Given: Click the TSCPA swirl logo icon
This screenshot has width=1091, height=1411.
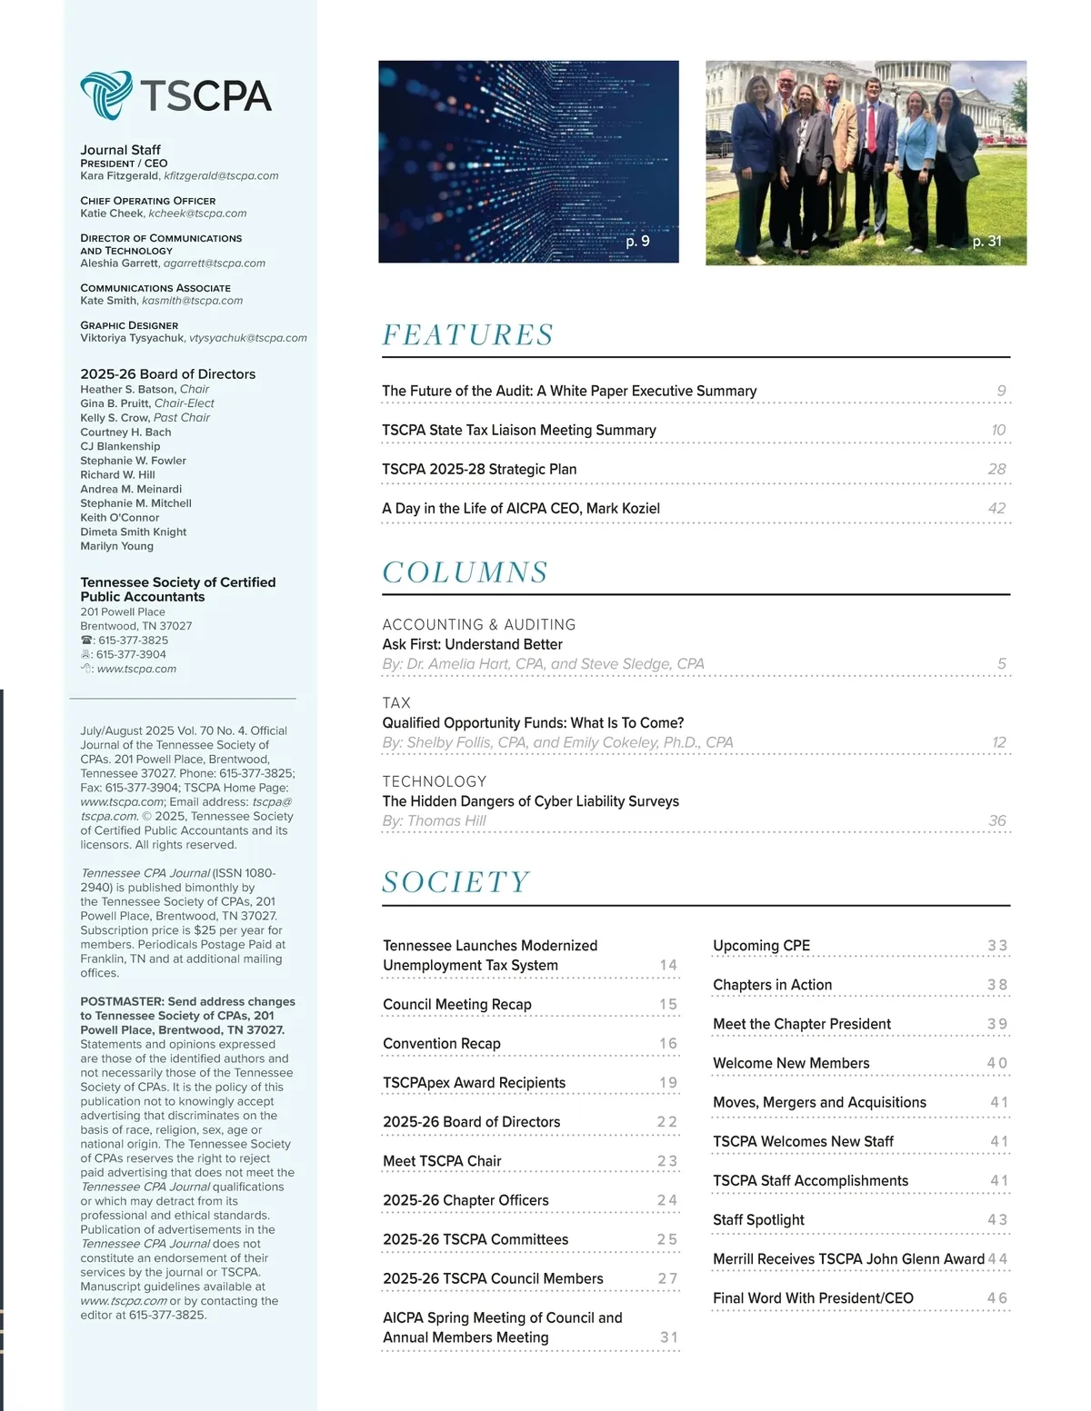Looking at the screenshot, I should [x=106, y=94].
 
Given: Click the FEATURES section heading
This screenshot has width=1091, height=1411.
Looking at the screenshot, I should [x=467, y=335].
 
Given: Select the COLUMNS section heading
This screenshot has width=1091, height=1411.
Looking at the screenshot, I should [x=465, y=572].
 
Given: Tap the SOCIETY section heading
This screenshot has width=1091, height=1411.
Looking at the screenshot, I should [x=455, y=882].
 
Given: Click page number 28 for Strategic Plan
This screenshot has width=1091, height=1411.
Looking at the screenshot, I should [x=996, y=469].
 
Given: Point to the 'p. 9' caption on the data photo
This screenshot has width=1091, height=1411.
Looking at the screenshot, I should [x=637, y=241].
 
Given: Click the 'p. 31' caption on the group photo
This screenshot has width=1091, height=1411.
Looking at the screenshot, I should [x=986, y=241].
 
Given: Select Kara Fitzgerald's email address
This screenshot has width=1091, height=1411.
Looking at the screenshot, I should [x=221, y=176].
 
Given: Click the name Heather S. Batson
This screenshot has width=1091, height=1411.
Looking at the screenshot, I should [x=127, y=389].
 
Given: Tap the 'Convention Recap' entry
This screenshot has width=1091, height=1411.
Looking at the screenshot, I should [x=442, y=1044].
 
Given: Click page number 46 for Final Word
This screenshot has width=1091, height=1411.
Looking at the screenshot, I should [x=996, y=1298].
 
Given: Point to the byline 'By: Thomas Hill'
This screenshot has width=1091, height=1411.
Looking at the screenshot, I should [x=434, y=821].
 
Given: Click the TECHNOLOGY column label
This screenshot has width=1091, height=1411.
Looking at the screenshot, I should [x=434, y=781].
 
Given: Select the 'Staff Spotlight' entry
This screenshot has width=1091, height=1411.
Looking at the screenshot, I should [x=758, y=1220].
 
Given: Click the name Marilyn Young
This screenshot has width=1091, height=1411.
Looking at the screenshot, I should [x=116, y=546].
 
